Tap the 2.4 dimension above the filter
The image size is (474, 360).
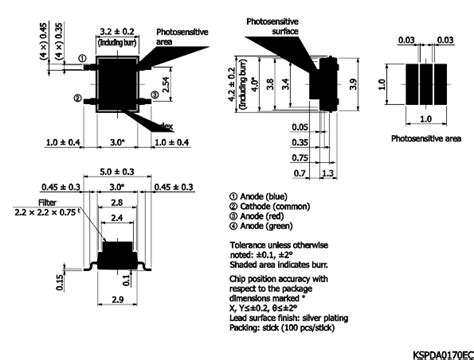119,216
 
